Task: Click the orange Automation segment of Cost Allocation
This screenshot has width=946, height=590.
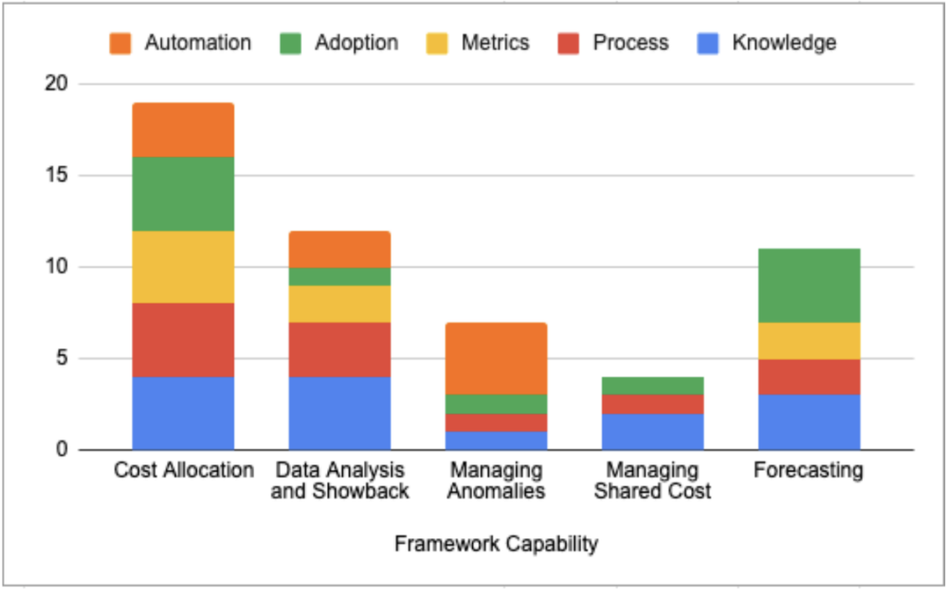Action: tap(183, 129)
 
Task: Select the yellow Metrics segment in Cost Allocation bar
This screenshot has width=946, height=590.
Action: tap(183, 267)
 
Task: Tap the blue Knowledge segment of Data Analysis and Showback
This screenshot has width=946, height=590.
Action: tap(339, 414)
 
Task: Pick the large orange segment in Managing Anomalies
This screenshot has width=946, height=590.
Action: tap(496, 358)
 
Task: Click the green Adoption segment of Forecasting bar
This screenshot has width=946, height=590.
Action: tap(809, 285)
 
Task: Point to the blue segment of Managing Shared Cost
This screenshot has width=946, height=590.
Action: tap(652, 432)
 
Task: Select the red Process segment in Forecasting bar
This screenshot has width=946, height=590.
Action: tap(809, 377)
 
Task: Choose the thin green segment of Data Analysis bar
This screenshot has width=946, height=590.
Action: tap(339, 276)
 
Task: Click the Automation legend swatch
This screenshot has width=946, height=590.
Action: tap(121, 42)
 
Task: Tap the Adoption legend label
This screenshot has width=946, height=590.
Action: tap(356, 42)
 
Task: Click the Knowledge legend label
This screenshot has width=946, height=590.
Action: tap(783, 42)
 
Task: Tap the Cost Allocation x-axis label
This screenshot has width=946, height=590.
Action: tap(183, 470)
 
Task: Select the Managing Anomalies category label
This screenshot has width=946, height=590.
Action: tap(496, 480)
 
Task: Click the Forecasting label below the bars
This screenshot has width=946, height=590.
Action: tap(808, 470)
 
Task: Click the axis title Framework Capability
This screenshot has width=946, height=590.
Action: tap(496, 544)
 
